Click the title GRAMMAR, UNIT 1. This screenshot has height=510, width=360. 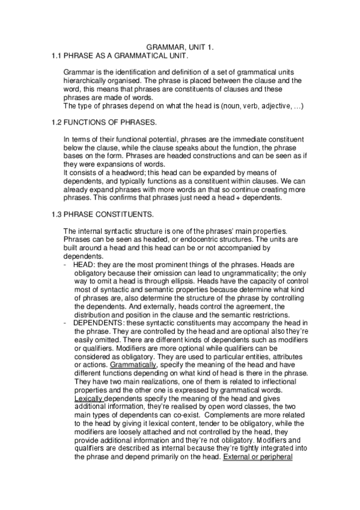[x=180, y=46]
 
